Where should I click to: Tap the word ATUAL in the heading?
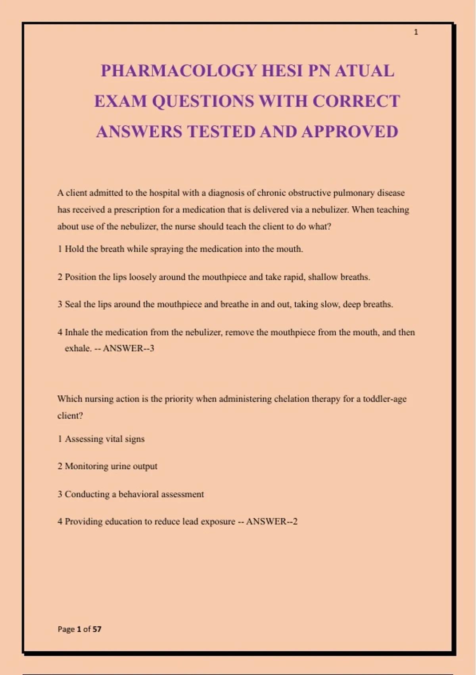pos(364,71)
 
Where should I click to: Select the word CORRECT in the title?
pos(356,101)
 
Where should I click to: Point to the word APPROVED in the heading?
pos(349,132)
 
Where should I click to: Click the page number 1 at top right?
pos(416,32)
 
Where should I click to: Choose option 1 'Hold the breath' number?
pos(60,249)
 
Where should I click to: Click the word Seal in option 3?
pos(73,305)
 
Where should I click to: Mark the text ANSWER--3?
pos(128,348)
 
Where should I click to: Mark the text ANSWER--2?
pos(272,522)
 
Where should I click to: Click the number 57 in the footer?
pos(97,629)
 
